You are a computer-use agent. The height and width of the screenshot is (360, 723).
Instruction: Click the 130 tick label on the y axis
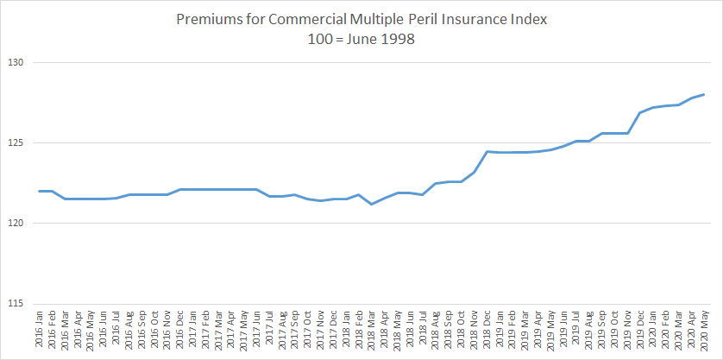[16, 63]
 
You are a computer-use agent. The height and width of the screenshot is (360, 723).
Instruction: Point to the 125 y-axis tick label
[16, 143]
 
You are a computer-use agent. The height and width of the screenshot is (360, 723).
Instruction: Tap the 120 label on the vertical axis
[16, 224]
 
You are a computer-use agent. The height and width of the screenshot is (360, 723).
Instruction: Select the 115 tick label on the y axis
[16, 304]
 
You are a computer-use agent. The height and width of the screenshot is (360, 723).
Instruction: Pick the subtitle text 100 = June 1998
[361, 39]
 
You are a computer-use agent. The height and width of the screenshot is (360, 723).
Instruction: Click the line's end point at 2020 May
[704, 94]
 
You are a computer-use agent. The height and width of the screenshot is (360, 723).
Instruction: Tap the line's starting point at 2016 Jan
[40, 191]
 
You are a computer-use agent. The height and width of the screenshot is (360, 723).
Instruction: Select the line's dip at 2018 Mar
[371, 204]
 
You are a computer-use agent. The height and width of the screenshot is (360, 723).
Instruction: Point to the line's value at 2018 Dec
[487, 151]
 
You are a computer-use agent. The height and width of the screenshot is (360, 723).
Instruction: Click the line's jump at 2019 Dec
[639, 112]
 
